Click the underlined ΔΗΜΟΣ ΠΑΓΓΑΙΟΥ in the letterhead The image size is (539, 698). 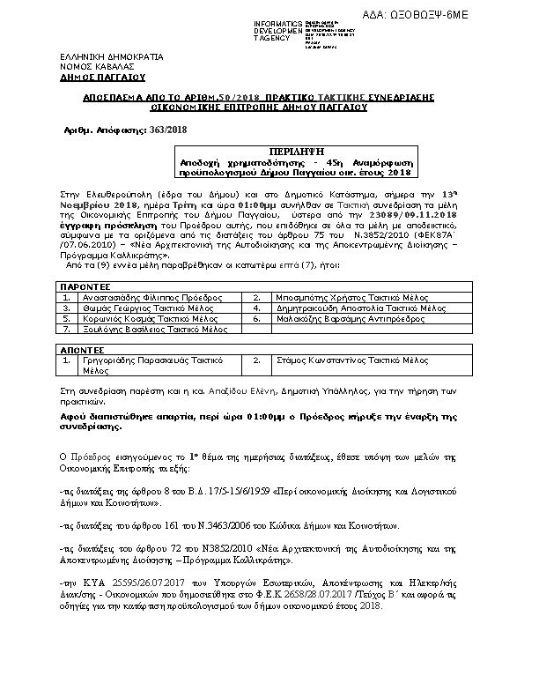pos(97,77)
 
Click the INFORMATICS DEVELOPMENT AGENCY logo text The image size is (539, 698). pos(279,28)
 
